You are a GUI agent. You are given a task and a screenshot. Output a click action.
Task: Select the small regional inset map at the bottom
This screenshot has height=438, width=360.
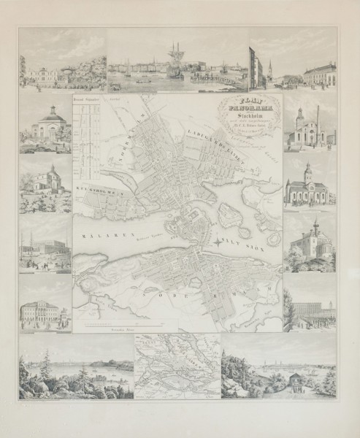pyautogui.click(x=177, y=366)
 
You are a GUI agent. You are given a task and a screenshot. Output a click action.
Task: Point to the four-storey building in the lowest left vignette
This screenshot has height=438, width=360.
pyautogui.click(x=45, y=310)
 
